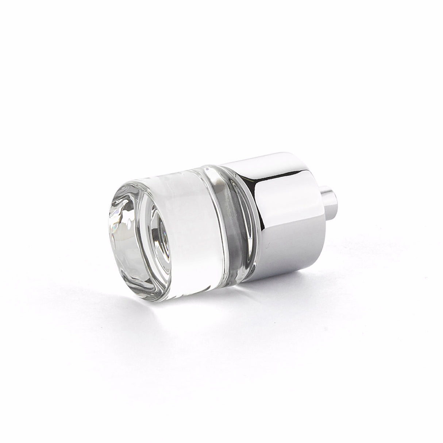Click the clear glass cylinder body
190,234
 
